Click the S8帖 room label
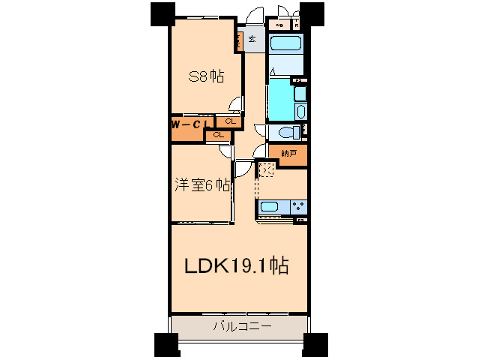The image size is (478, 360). [206, 76]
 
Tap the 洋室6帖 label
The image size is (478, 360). [202, 185]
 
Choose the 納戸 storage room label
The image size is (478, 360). [288, 153]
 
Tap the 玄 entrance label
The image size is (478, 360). [252, 39]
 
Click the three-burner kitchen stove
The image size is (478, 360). [297, 206]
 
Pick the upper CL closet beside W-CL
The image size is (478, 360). [229, 121]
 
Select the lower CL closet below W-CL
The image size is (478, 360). [218, 135]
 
